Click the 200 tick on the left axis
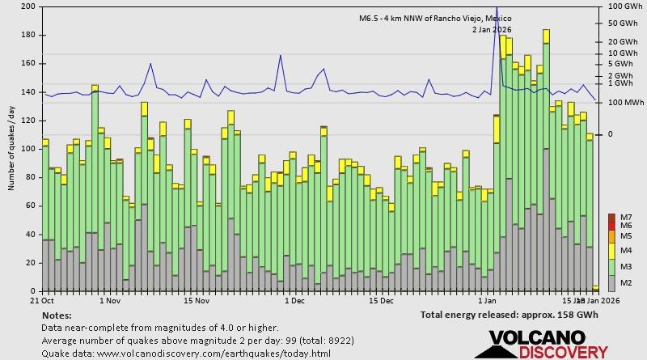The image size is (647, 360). [x=27, y=6]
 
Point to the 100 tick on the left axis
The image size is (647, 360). [x=27, y=149]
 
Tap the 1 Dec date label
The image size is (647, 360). [x=294, y=300]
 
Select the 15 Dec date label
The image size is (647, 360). [x=381, y=300]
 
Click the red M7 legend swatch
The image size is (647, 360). [x=611, y=218]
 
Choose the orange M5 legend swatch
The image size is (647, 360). [x=611, y=236]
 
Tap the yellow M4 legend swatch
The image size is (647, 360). [x=611, y=251]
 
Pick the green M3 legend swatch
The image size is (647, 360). [x=611, y=267]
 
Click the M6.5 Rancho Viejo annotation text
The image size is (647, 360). [x=436, y=18]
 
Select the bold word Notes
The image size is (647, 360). [x=56, y=315]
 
